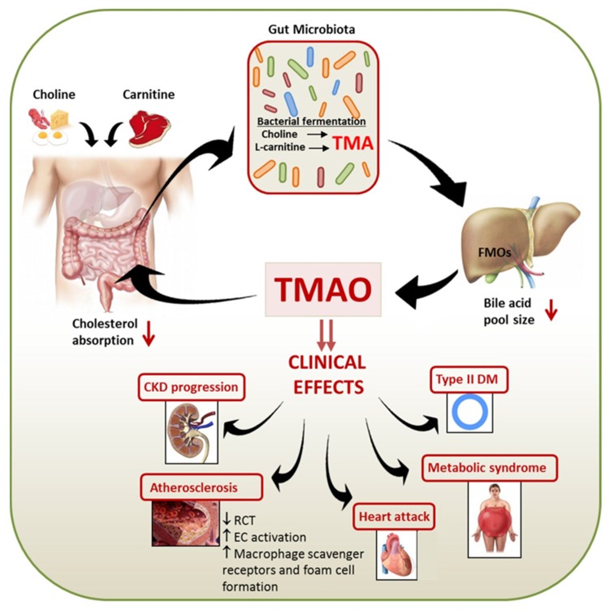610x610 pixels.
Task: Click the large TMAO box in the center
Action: pyautogui.click(x=323, y=290)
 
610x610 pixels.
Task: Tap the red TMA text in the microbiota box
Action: pyautogui.click(x=353, y=143)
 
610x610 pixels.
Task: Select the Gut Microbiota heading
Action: pyautogui.click(x=311, y=29)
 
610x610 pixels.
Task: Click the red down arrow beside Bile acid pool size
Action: pyautogui.click(x=551, y=311)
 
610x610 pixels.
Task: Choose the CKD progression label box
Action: pyautogui.click(x=191, y=387)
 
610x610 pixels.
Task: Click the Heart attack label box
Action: pyautogui.click(x=394, y=516)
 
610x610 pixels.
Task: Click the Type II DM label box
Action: pyautogui.click(x=469, y=379)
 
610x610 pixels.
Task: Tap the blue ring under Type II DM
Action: pyautogui.click(x=470, y=413)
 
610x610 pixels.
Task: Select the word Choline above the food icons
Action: pyautogui.click(x=54, y=95)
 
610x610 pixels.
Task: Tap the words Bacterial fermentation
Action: pyautogui.click(x=311, y=121)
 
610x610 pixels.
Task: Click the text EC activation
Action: pyautogui.click(x=270, y=537)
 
